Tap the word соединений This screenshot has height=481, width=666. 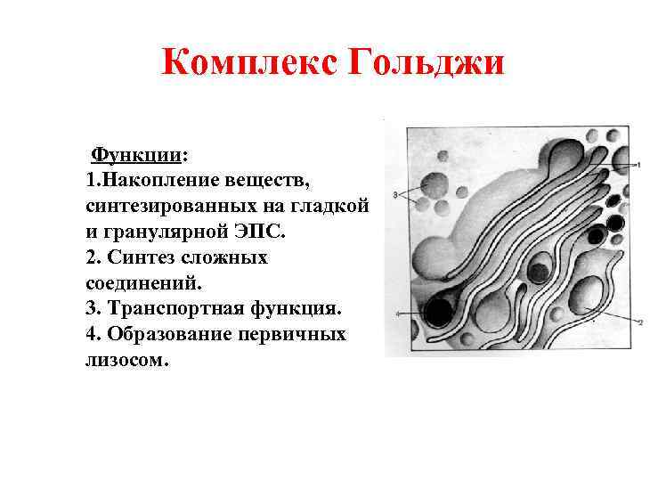pos(143,283)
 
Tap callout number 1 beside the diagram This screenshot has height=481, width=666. pos(638,167)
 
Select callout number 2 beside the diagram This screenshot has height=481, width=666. pos(639,322)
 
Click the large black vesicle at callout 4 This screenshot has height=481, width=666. pos(438,312)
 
